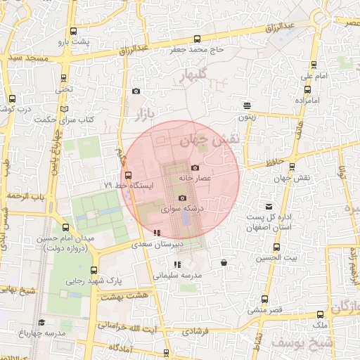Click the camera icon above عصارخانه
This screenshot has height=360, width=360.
[x=195, y=167]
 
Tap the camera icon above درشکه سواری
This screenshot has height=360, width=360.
[x=182, y=198]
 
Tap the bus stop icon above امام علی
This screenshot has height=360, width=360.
[x=307, y=89]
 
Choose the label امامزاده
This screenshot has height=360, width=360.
[x=308, y=101]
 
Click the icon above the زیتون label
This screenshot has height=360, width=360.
[x=247, y=105]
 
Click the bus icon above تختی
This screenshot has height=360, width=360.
[x=65, y=78]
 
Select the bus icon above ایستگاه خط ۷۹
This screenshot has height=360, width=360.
[x=128, y=175]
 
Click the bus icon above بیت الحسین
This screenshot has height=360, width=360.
[x=275, y=248]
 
